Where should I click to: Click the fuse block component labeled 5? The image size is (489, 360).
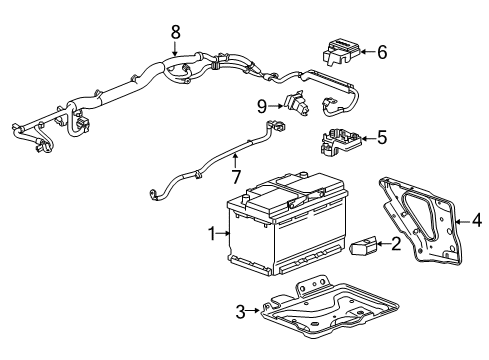(340, 143)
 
